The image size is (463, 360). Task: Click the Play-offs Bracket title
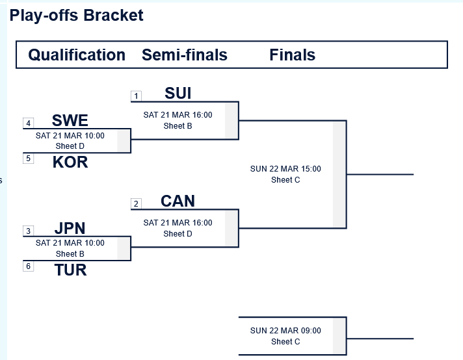tap(76, 15)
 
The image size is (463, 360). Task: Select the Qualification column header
tap(77, 55)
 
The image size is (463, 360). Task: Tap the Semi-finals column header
tap(185, 55)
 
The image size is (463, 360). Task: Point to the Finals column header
tap(293, 55)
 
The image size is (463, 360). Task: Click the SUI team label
tap(178, 94)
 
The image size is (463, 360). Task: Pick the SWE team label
tap(70, 121)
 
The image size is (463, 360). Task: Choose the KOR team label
tap(70, 162)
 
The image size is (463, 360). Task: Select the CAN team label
tap(178, 201)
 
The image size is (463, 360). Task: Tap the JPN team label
tap(70, 229)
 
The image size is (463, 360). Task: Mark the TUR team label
tap(70, 270)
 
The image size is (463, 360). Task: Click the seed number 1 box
tap(136, 96)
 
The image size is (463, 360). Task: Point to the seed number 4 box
tap(28, 123)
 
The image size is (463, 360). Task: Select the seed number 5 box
tap(28, 158)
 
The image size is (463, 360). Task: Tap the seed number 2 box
tap(136, 204)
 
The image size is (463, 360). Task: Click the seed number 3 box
tap(28, 231)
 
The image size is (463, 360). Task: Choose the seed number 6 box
tap(28, 266)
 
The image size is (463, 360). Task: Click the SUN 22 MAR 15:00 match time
tap(285, 169)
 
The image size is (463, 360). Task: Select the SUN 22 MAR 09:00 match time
tap(285, 331)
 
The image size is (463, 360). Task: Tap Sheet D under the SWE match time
tap(70, 146)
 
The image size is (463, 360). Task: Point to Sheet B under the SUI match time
tap(178, 126)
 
